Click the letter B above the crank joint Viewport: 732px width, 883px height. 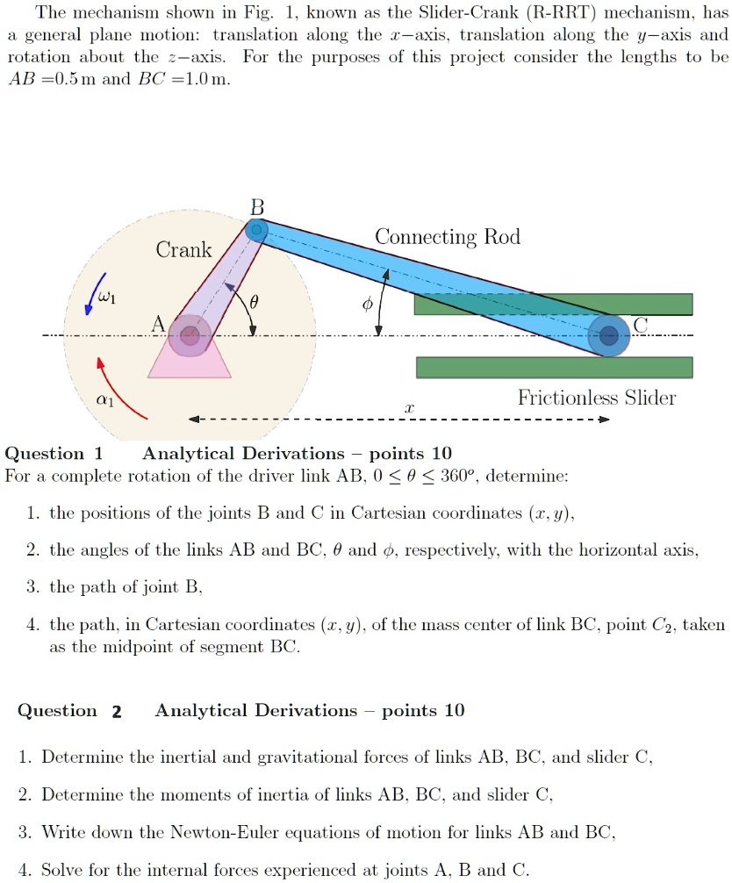click(x=256, y=207)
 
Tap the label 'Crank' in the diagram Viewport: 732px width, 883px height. click(x=184, y=250)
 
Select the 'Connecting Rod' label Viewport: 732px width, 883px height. click(x=447, y=237)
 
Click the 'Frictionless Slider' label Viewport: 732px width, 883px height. click(x=597, y=398)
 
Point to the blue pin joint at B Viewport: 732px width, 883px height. click(x=255, y=230)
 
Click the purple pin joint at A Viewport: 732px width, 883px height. click(x=190, y=334)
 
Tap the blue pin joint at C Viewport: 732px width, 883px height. click(x=607, y=334)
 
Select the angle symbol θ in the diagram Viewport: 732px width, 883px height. click(x=255, y=301)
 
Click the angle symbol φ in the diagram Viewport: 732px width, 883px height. click(x=368, y=303)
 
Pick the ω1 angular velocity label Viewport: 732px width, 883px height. click(x=106, y=298)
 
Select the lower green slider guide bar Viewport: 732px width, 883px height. click(x=553, y=367)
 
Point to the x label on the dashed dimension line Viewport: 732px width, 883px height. click(x=408, y=409)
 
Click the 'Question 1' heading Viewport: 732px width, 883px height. click(x=54, y=454)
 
